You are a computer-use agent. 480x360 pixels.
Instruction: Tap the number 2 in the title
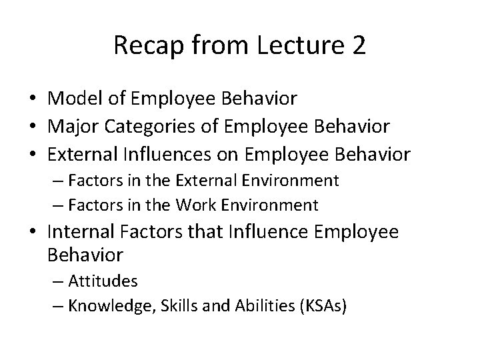(x=357, y=45)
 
